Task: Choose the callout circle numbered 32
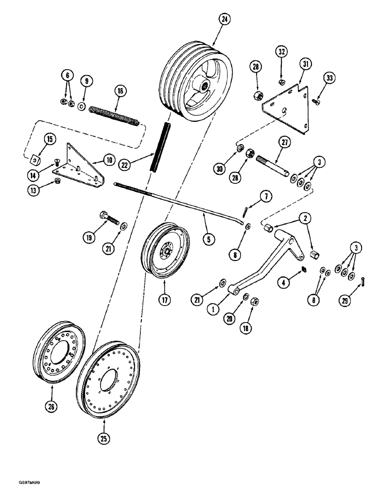pos(281,52)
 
